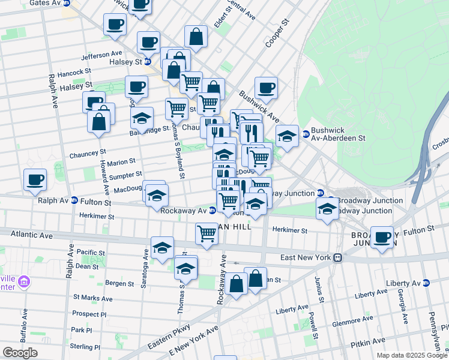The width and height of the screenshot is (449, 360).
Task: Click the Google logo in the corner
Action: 20,353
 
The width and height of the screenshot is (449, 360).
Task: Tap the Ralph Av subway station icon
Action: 74,200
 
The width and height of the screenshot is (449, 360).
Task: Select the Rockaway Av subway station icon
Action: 212,210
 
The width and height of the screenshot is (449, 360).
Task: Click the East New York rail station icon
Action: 338,257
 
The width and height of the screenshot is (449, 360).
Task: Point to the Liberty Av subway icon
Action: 426,283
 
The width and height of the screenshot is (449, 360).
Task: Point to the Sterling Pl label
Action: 85,347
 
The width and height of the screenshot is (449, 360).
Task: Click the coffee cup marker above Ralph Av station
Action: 35,179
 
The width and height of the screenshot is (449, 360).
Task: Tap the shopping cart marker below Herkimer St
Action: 206,232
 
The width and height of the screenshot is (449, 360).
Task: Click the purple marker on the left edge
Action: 24,281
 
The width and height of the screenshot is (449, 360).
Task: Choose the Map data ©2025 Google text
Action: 412,355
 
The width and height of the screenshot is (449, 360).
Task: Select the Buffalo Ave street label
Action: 23,324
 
